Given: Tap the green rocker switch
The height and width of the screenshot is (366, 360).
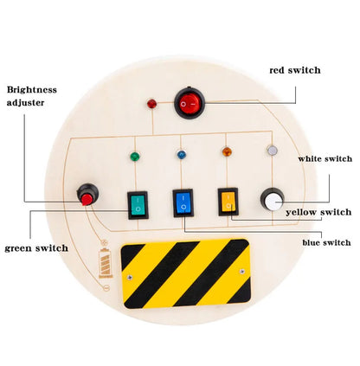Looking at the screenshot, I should [138, 204].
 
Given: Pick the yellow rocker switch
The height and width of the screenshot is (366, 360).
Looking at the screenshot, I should [228, 202].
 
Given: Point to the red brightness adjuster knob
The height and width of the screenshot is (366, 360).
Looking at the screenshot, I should [87, 196].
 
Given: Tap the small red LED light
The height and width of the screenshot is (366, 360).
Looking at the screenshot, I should [152, 105].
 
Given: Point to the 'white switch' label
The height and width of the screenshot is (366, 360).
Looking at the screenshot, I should [325, 158].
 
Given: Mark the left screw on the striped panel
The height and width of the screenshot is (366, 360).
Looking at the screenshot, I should [131, 277].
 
